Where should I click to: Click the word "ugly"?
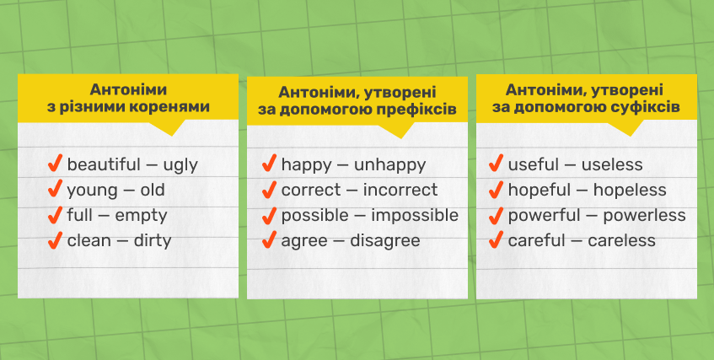(x=180, y=166)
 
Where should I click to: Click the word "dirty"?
(x=152, y=240)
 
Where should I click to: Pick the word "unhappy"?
(x=389, y=166)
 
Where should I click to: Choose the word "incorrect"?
(x=400, y=190)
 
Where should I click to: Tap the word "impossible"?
(x=415, y=216)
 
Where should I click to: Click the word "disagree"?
(x=384, y=241)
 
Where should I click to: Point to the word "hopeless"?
(x=630, y=190)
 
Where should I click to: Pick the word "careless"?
(x=621, y=240)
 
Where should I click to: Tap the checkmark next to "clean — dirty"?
(x=55, y=239)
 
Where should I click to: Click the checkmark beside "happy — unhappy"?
(x=269, y=164)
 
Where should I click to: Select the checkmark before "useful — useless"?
(x=496, y=164)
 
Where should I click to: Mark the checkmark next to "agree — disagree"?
(x=269, y=239)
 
